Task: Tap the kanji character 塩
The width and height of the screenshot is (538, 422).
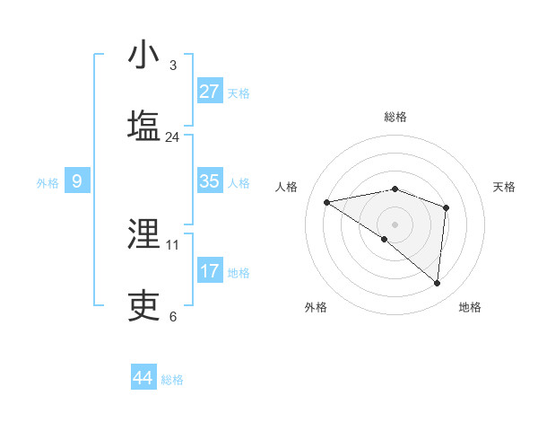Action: tap(144, 125)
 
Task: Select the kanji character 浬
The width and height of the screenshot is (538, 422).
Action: tap(144, 234)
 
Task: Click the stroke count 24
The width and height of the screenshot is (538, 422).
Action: tap(173, 137)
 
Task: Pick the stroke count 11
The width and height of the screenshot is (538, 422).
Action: tap(173, 244)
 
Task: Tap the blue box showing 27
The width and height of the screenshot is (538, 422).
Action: tap(210, 92)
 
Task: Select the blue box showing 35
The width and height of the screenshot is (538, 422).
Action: tap(210, 181)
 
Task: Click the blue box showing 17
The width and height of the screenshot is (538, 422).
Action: tap(210, 270)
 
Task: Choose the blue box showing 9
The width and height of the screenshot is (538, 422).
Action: tap(77, 182)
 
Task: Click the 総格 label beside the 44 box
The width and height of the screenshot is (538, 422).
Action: tap(172, 380)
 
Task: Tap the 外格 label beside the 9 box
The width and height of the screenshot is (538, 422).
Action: tap(48, 183)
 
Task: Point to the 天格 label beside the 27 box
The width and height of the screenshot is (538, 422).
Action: tap(239, 93)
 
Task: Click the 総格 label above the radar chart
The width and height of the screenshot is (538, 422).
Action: tap(395, 117)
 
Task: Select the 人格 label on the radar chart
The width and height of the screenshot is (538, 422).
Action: tap(287, 187)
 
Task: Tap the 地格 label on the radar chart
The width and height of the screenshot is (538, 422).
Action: tap(470, 307)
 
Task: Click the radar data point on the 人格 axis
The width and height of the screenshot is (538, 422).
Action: tap(327, 202)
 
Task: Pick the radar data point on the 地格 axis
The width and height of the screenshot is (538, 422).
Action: tap(438, 284)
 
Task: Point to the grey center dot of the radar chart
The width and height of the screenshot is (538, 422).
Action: tap(395, 224)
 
